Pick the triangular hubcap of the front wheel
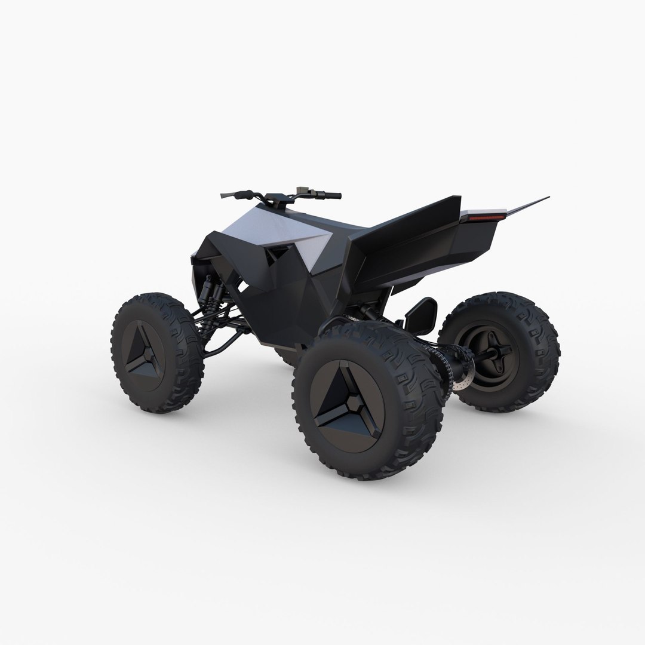148,354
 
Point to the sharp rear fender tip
545,198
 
